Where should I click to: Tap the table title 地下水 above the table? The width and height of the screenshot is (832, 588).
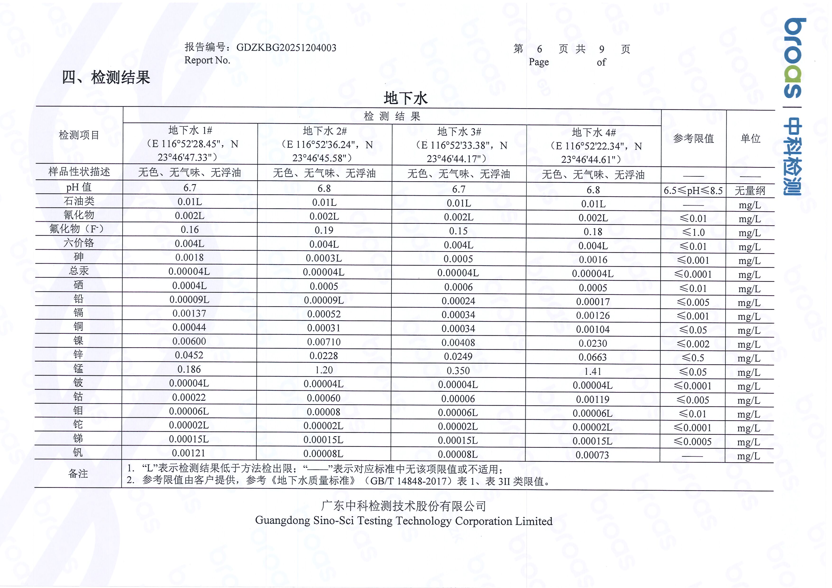point(406,98)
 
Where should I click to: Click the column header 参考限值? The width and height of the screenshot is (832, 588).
point(693,138)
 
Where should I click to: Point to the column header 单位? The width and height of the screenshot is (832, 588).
point(750,138)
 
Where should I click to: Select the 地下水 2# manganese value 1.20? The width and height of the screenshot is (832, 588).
point(324,370)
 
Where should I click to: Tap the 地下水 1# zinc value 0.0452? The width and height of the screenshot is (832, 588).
point(189,355)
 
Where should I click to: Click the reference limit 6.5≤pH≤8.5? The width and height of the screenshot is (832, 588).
point(693,191)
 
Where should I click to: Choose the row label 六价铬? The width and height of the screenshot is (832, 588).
point(79,243)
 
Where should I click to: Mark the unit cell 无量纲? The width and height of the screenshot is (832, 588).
point(750,191)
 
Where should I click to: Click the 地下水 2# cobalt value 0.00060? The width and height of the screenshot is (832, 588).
point(324,398)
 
